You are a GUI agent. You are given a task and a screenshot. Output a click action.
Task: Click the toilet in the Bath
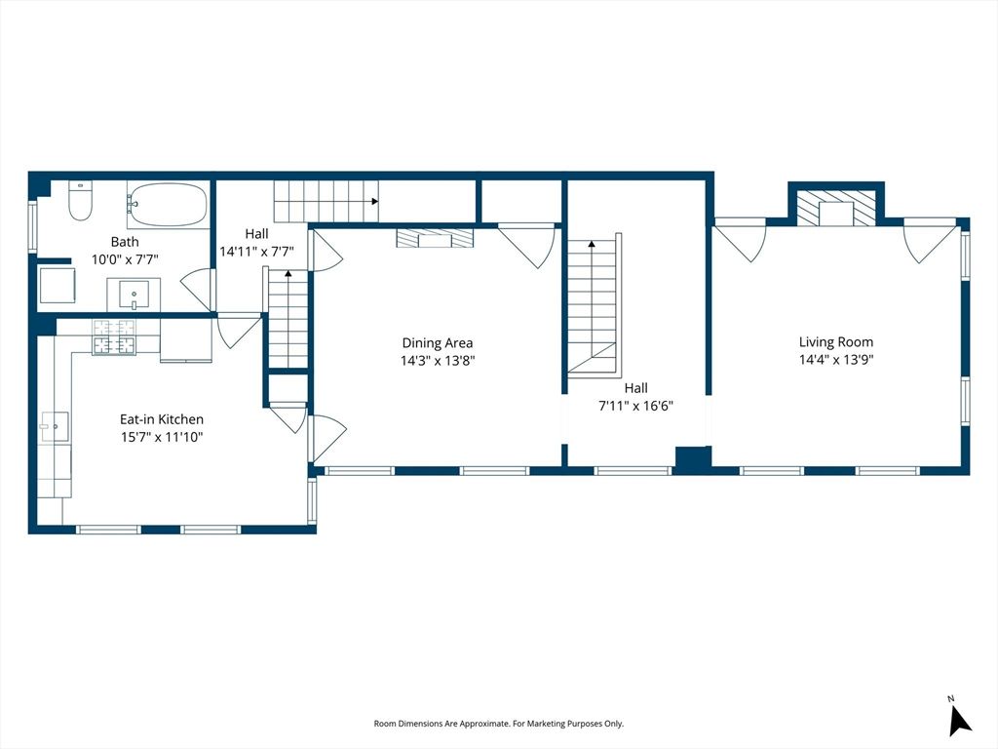tap(80, 201)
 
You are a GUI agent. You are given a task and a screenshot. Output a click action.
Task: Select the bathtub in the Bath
tap(168, 205)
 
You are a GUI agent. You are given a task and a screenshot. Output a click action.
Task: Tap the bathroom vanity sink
tap(134, 294)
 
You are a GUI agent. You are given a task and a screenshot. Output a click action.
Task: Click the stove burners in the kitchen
tap(115, 336)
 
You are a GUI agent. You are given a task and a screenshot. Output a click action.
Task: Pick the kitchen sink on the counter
tap(55, 427)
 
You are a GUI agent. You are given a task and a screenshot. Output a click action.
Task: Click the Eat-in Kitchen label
tap(162, 419)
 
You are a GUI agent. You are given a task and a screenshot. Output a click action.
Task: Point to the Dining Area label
tap(438, 343)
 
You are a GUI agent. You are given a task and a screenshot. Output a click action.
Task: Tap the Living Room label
tap(835, 342)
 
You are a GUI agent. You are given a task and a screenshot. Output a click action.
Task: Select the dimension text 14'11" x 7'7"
tap(256, 252)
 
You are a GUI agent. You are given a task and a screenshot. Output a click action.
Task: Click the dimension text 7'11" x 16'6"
tap(635, 406)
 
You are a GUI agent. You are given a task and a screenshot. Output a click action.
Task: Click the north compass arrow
tap(959, 720)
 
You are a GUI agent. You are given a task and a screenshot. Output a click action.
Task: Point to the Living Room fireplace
tap(836, 208)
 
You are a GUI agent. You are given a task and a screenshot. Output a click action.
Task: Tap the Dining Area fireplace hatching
tap(436, 238)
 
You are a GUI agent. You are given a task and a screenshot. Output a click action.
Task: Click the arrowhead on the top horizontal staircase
tap(375, 201)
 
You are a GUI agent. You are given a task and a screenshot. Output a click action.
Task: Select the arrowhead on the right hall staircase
tap(592, 243)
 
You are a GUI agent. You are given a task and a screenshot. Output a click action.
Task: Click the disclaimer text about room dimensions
tap(498, 724)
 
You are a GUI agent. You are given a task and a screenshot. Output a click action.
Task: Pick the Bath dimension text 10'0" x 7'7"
tap(125, 259)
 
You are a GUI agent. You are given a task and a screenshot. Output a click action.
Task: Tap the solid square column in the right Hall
tap(693, 458)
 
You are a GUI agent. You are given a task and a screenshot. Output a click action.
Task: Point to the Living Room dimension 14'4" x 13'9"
tap(835, 359)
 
